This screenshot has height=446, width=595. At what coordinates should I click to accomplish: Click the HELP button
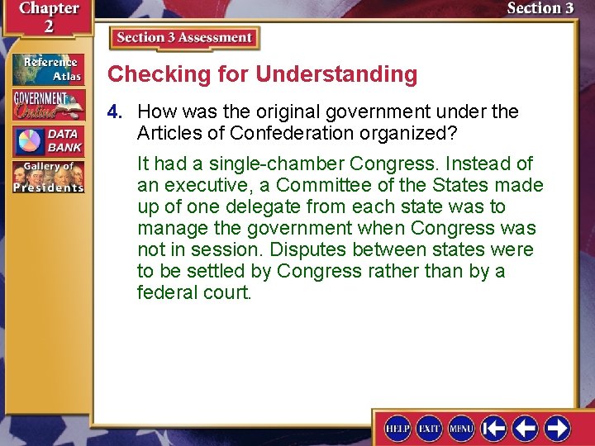pos(398,428)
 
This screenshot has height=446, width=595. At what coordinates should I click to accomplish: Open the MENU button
pos(461,428)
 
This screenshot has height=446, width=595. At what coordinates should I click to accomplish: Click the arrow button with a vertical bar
pos(493,428)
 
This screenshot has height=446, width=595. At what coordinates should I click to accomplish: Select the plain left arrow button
pos(526,428)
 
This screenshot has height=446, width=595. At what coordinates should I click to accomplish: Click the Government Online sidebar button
pos(48,104)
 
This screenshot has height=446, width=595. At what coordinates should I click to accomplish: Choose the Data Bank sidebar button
pos(48,140)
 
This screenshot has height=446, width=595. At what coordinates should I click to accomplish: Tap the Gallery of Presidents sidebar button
pos(48,176)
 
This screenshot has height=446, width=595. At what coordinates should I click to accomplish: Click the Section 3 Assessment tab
pos(184,38)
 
